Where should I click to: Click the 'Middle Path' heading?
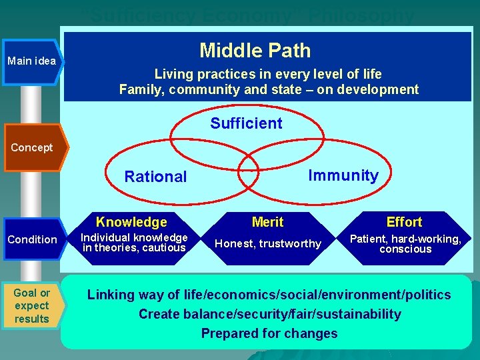[x=255, y=51]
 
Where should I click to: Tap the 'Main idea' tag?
[x=32, y=61]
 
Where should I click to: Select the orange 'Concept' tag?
[x=32, y=147]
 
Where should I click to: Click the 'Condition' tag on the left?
[x=32, y=239]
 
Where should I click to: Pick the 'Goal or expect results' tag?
[x=32, y=306]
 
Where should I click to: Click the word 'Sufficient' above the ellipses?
[x=246, y=123]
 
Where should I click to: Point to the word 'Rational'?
[x=156, y=177]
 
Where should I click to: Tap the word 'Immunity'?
[x=343, y=175]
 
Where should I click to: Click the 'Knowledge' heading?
[x=131, y=222]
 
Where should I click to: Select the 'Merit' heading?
[x=268, y=222]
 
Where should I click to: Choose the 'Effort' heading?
[x=405, y=222]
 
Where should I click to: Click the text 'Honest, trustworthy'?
[x=268, y=244]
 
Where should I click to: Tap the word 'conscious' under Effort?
[x=406, y=249]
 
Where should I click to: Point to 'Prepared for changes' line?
[x=269, y=333]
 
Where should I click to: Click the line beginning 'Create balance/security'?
[x=269, y=314]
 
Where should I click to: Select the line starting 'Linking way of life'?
[x=269, y=295]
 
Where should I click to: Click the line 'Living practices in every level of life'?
[x=268, y=74]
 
